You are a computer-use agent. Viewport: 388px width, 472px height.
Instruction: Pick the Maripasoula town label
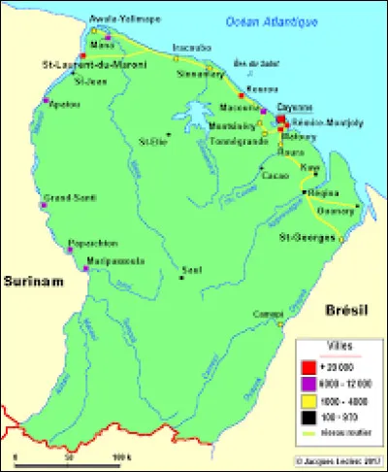click(x=119, y=260)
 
